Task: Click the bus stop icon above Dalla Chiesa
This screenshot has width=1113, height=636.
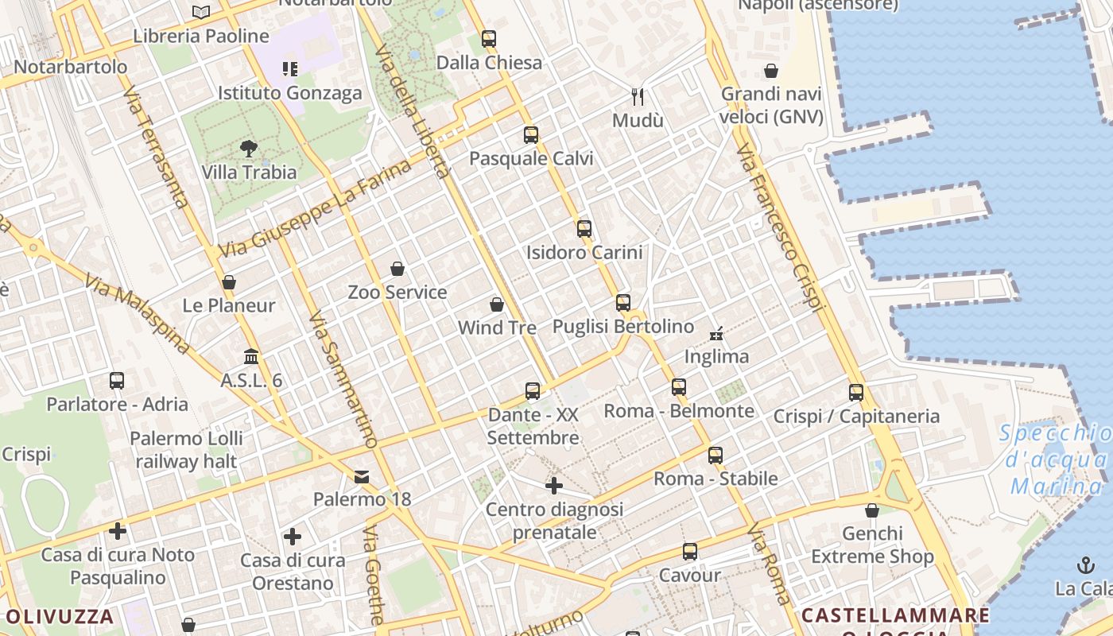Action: [488, 38]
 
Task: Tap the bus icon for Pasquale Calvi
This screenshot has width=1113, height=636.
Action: [531, 135]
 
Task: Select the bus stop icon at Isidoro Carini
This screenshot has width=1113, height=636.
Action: [584, 229]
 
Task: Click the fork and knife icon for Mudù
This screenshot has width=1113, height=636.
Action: [638, 97]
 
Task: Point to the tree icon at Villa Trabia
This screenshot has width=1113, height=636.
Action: [249, 148]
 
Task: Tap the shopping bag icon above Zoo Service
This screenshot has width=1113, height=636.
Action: [397, 269]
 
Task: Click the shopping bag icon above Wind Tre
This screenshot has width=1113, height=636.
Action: [497, 304]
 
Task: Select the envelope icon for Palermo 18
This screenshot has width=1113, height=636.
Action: [362, 476]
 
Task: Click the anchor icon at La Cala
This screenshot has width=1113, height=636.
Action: [1085, 565]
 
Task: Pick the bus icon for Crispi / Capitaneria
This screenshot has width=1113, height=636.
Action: [856, 392]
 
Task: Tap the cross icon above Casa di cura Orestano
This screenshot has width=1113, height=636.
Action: [293, 537]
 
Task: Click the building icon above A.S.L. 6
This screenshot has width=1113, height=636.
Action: [251, 356]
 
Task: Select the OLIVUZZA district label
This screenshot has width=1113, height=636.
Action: [60, 616]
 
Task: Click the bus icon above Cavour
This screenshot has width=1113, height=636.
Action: [690, 551]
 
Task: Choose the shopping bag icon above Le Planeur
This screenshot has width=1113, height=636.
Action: [229, 282]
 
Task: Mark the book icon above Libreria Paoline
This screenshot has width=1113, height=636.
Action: [201, 12]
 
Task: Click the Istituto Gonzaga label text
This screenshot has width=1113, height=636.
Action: [289, 93]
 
